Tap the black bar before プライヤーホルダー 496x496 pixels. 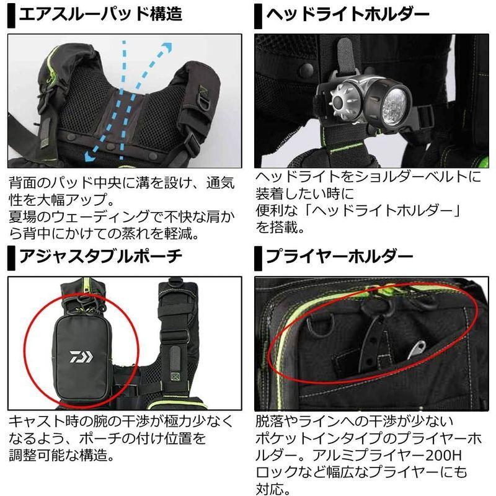click(259, 256)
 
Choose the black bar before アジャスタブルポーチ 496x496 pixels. click(12, 256)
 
